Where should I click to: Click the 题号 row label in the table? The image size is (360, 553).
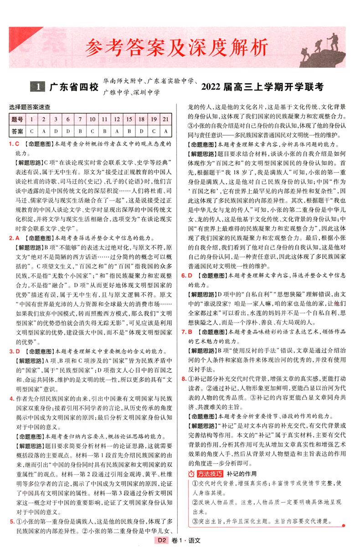click(x=17, y=119)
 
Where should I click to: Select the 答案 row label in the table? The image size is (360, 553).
click(x=17, y=131)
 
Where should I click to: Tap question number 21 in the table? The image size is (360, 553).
click(x=165, y=119)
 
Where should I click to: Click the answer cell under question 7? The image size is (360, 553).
click(x=80, y=131)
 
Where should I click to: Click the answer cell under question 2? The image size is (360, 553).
click(x=43, y=131)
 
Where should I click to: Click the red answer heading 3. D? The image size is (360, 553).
click(x=14, y=351)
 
